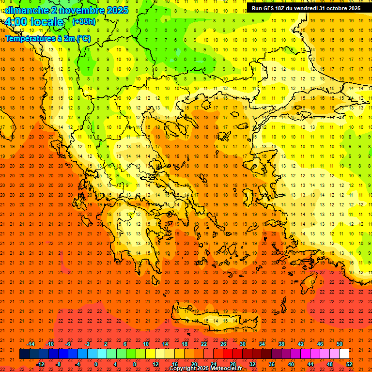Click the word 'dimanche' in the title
(x=26, y=10)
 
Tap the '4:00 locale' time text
(x=34, y=22)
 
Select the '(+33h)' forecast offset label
(x=84, y=21)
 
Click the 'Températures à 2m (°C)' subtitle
(x=47, y=38)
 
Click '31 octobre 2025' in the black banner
(x=340, y=8)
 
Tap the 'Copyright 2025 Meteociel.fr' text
(x=205, y=369)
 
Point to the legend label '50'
(x=339, y=344)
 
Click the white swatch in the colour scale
(x=344, y=354)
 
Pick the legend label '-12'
(x=41, y=364)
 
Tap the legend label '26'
(x=223, y=344)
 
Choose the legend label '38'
(x=281, y=344)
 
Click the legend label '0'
(x=96, y=364)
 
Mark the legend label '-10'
(x=49, y=344)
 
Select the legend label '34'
(x=262, y=344)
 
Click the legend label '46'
(x=320, y=344)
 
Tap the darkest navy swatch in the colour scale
(x=24, y=354)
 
